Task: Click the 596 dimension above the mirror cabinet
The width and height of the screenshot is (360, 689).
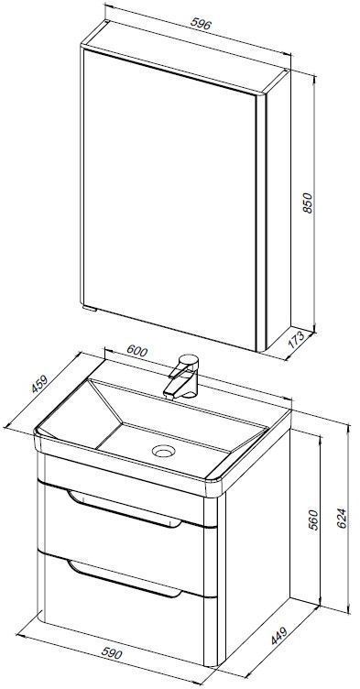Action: (202, 24)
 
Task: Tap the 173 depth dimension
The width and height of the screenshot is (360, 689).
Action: (296, 339)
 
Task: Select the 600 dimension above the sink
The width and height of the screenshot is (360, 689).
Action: (136, 351)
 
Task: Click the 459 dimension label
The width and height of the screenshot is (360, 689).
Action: (39, 385)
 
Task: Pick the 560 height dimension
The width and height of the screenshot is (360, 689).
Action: (313, 519)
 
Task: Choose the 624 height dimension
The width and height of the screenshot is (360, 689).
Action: (342, 519)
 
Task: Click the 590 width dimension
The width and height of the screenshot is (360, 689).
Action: (112, 653)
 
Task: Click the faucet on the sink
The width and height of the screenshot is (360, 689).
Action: (183, 377)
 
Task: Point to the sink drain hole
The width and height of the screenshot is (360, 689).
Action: (164, 451)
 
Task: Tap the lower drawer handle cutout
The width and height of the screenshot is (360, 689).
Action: (125, 579)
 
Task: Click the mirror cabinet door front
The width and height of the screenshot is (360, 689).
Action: (169, 198)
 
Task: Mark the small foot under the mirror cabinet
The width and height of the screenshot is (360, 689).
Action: (91, 309)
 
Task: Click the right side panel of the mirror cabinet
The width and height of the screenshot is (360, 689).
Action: (278, 211)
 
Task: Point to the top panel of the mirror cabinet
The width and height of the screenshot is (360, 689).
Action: (185, 56)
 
